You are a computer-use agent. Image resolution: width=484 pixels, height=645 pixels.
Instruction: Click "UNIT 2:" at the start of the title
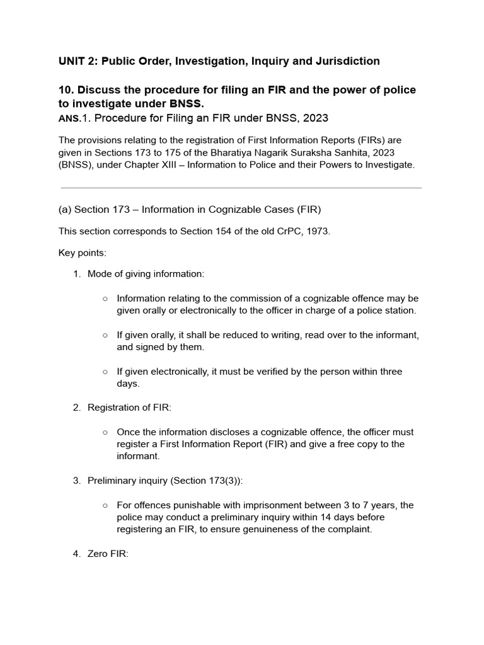click(x=78, y=61)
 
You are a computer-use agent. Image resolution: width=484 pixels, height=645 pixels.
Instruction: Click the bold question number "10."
click(x=67, y=90)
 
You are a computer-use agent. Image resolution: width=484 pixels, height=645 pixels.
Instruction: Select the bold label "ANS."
click(x=70, y=118)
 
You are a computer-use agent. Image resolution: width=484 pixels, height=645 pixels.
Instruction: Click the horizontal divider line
click(x=241, y=188)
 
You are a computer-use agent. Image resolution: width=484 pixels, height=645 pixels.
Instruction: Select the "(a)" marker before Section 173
click(x=65, y=210)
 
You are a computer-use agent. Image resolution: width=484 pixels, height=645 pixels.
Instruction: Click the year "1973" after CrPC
click(x=318, y=231)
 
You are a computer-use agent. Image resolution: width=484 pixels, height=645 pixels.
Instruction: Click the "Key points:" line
click(x=83, y=253)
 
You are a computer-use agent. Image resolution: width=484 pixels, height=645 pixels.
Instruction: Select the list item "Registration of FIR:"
click(x=129, y=408)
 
